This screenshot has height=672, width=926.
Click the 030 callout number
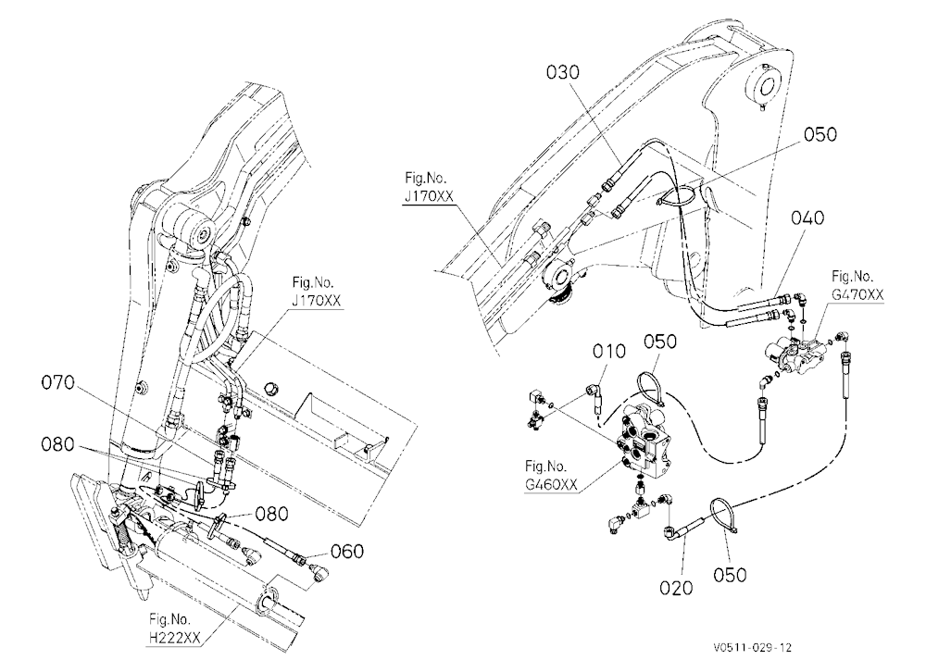[x=563, y=72]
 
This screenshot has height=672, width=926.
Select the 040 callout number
[x=807, y=218]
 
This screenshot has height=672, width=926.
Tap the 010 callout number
[x=609, y=352]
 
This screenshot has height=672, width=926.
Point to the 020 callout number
[x=676, y=588]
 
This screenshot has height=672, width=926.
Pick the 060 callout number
[x=346, y=552]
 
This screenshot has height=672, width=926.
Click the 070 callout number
[x=57, y=383]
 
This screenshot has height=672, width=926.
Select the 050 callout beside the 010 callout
[x=659, y=342]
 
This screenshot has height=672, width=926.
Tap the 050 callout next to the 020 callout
[x=730, y=575]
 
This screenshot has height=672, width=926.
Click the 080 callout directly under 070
[x=57, y=444]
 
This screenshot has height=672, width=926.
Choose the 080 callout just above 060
[x=271, y=514]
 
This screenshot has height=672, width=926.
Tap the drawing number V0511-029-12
[x=752, y=648]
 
